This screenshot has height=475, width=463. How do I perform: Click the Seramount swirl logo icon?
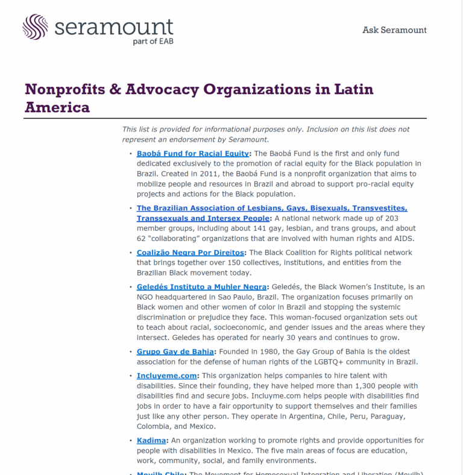coord(35,27)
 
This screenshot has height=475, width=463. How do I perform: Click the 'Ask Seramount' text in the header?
coord(394,30)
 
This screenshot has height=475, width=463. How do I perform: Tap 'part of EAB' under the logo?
coord(153,42)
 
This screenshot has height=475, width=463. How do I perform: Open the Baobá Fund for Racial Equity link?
coord(192,154)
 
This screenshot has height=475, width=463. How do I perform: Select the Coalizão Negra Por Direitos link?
coord(191,253)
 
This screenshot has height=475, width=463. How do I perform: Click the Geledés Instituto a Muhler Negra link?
coord(201,286)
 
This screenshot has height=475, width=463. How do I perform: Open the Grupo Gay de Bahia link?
coord(175,351)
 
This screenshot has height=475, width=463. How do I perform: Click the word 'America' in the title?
coord(57,108)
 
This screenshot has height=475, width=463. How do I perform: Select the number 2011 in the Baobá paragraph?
coord(206,174)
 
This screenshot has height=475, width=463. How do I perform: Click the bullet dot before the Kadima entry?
coord(130,441)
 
